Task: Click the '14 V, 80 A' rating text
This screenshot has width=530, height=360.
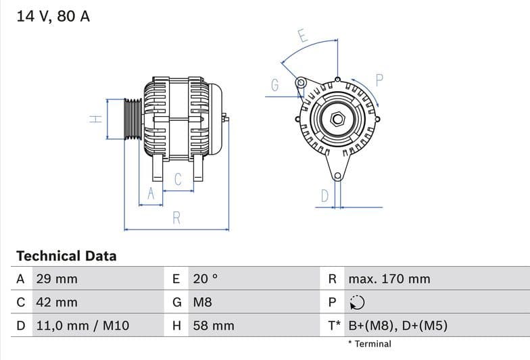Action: pyautogui.click(x=53, y=17)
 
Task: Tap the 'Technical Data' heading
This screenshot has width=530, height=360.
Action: pyautogui.click(x=66, y=256)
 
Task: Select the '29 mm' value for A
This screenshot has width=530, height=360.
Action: pyautogui.click(x=56, y=279)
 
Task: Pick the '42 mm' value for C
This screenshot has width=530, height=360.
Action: pyautogui.click(x=56, y=303)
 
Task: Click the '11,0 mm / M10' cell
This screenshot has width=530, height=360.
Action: pyautogui.click(x=82, y=326)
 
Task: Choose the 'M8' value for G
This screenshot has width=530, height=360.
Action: pyautogui.click(x=202, y=303)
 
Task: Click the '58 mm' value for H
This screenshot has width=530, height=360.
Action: pyautogui.click(x=213, y=326)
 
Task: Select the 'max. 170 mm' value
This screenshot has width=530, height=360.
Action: pyautogui.click(x=389, y=279)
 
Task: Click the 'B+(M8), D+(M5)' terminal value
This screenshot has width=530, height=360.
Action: pyautogui.click(x=397, y=326)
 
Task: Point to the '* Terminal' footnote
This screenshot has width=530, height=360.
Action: pyautogui.click(x=369, y=344)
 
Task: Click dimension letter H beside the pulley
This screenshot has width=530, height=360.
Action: pyautogui.click(x=96, y=119)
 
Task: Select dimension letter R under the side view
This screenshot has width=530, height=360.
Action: pyautogui.click(x=176, y=218)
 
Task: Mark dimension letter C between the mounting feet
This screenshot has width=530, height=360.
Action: pyautogui.click(x=178, y=180)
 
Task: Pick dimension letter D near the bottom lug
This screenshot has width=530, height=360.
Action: pyautogui.click(x=324, y=196)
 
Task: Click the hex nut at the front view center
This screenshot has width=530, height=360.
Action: pyautogui.click(x=336, y=120)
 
